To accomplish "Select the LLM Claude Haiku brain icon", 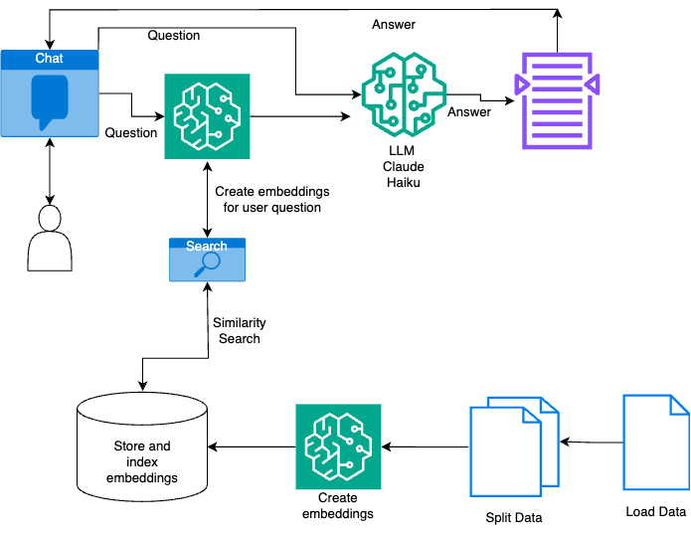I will (397, 91).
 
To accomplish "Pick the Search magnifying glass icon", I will (207, 264).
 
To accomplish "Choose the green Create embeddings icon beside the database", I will (338, 446).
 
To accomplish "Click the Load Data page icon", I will (655, 442).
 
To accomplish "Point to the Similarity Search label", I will (239, 331).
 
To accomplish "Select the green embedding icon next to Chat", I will (207, 116).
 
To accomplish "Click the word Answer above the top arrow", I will (393, 24).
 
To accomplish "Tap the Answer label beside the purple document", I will (469, 112).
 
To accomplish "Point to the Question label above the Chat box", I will (174, 36).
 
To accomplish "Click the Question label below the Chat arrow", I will (131, 132).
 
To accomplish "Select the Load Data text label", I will (656, 512).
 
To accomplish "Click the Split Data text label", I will (514, 518).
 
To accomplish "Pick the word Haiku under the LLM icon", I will (397, 184).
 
